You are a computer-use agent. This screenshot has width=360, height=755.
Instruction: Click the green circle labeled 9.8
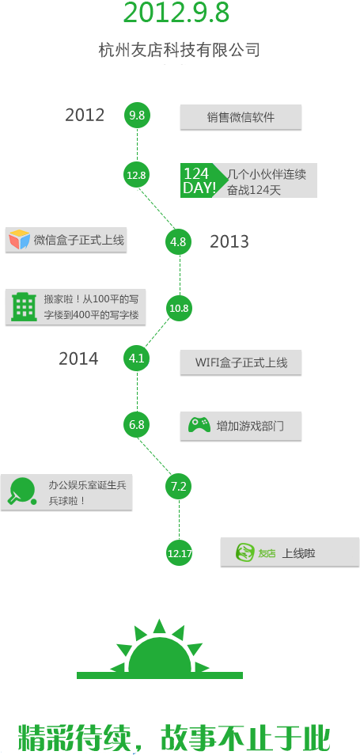click(137, 115)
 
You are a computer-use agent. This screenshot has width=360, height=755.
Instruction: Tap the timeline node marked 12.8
click(137, 175)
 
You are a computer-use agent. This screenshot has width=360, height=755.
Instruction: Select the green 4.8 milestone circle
click(179, 241)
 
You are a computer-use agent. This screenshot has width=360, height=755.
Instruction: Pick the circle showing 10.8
click(179, 308)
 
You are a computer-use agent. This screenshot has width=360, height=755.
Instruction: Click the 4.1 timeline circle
click(137, 359)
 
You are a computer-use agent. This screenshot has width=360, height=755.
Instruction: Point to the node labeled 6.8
click(137, 425)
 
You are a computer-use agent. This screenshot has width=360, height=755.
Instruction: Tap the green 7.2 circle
click(179, 487)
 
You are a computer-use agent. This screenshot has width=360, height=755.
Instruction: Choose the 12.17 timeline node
click(179, 553)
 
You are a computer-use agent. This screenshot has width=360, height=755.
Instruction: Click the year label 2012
click(85, 115)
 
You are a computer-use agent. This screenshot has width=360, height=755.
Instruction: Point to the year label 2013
click(229, 241)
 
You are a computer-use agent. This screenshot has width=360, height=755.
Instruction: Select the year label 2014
click(78, 359)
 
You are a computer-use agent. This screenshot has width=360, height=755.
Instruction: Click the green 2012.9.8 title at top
click(176, 12)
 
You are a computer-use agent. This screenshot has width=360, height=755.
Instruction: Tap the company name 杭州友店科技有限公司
click(179, 50)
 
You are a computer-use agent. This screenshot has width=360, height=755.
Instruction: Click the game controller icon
click(199, 425)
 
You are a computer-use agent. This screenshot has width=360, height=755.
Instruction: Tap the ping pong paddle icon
click(22, 491)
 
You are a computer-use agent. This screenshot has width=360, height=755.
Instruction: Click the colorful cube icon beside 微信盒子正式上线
click(19, 239)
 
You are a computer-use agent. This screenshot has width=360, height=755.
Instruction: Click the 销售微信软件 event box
click(241, 117)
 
